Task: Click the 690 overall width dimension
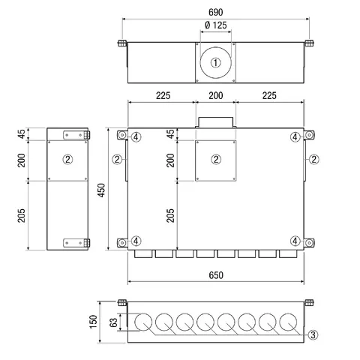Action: (215, 12)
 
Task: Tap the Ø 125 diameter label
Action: (215, 25)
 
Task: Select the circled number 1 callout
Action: (215, 62)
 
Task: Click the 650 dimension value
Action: (216, 275)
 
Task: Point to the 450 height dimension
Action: (101, 190)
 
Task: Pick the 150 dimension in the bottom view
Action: (93, 322)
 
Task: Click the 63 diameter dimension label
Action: (113, 322)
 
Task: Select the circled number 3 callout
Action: (313, 334)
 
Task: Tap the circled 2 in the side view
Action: (67, 159)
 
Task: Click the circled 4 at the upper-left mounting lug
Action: (136, 137)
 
